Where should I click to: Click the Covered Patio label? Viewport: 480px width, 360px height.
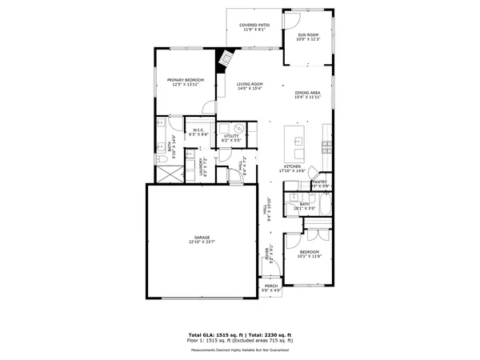click(x=254, y=26)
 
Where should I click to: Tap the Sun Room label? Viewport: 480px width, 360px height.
click(x=308, y=36)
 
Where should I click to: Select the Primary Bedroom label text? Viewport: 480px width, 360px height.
click(x=186, y=81)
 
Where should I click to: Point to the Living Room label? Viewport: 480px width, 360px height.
click(x=250, y=85)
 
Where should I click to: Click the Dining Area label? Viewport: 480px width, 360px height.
click(x=307, y=94)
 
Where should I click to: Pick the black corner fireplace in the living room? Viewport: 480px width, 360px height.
click(x=226, y=58)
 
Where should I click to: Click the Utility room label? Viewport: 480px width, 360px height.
click(x=231, y=138)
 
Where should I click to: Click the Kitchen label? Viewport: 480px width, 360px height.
click(x=293, y=168)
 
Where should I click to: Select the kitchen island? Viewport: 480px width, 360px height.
click(x=299, y=142)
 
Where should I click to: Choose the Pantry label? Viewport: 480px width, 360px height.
click(x=319, y=183)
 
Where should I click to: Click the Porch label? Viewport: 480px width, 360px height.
click(x=270, y=287)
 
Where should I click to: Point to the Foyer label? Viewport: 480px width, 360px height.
click(x=267, y=255)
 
